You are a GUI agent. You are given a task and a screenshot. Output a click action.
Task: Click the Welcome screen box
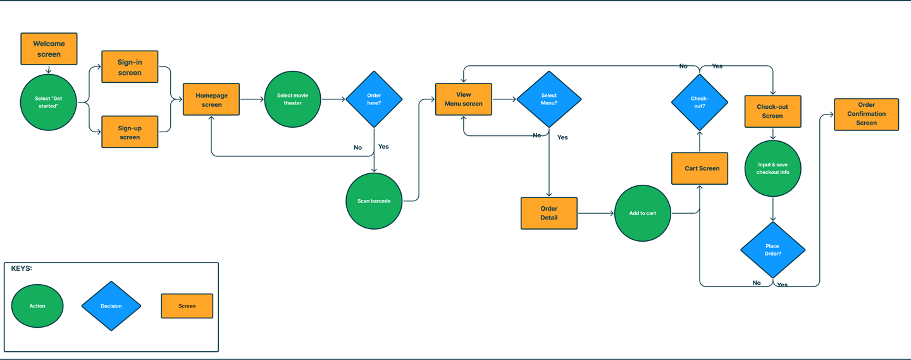point(49,49)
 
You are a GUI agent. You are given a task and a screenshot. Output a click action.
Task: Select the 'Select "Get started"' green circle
point(49,102)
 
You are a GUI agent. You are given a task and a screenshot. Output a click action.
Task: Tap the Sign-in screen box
point(130,67)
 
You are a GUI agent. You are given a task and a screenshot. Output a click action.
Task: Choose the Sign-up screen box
point(130,132)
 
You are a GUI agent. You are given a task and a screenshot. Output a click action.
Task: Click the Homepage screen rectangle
point(211,99)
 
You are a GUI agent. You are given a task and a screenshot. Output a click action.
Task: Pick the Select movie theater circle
point(292,99)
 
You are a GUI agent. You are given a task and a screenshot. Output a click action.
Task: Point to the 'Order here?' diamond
point(374,99)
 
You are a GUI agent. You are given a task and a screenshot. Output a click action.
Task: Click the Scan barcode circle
point(374,201)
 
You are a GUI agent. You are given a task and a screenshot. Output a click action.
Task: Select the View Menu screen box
point(463,99)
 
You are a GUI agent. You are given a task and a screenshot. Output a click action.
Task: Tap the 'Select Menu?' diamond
point(548,99)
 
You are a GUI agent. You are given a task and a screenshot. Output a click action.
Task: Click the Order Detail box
point(548,213)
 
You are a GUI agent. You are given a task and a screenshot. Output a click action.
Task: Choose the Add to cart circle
point(642,213)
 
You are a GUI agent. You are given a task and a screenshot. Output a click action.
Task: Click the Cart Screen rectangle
point(700,168)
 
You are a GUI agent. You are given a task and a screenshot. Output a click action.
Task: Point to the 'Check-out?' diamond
point(699,102)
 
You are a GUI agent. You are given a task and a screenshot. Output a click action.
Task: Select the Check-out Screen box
point(772,111)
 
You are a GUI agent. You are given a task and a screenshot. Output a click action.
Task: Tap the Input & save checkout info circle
point(772,168)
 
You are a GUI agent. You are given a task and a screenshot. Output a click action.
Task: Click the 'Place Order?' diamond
point(772,250)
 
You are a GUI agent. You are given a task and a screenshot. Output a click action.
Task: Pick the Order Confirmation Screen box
point(866,115)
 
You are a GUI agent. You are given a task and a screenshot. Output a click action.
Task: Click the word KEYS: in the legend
point(22,269)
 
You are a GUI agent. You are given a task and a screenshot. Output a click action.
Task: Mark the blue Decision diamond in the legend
point(111,306)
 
